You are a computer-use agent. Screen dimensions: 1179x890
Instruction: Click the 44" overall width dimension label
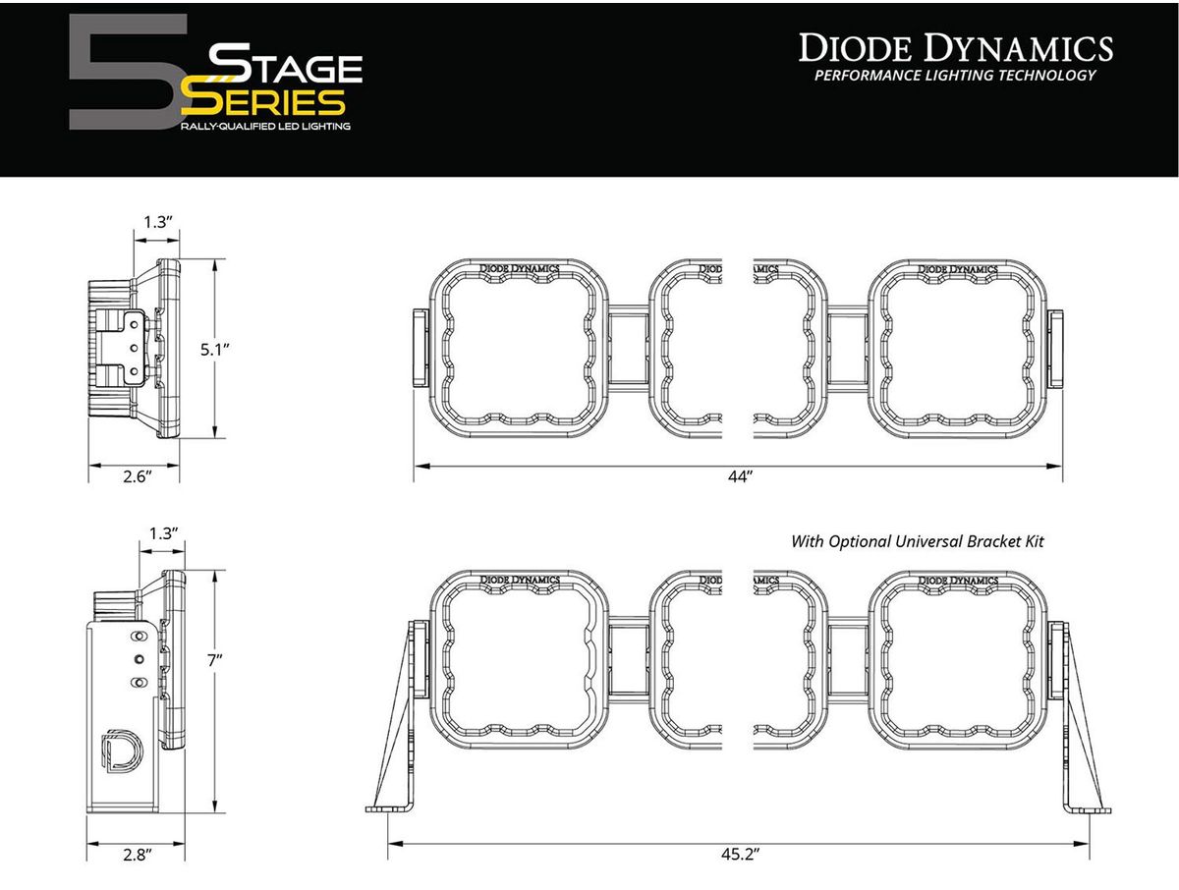pos(741,476)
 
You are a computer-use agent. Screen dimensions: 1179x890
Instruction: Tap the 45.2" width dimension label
pos(740,854)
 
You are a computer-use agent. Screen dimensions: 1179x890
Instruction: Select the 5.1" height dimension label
pos(215,350)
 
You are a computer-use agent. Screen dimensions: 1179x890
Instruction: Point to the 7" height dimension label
pos(215,661)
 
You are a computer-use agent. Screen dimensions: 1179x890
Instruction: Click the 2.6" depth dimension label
pos(138,476)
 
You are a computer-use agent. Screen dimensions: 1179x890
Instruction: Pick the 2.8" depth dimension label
pos(138,855)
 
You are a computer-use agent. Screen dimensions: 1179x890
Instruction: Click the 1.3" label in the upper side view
pos(158,222)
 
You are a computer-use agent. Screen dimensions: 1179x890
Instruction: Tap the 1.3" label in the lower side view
pos(164,533)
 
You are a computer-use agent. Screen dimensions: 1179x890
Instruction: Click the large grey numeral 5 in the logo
pos(128,72)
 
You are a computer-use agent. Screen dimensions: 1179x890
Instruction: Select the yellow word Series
pos(262,102)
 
